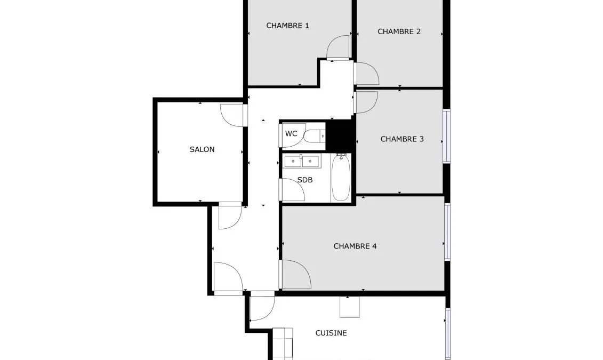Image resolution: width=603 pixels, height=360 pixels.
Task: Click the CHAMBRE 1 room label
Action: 287,26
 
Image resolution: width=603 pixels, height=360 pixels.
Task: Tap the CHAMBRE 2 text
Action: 399,31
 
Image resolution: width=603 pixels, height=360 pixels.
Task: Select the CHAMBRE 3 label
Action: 402,139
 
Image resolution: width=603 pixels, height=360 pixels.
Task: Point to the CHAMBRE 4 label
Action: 355,246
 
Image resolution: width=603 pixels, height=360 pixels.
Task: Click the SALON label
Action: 202,149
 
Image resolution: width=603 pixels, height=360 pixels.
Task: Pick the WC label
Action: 291,133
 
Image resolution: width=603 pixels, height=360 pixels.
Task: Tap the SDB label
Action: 305,180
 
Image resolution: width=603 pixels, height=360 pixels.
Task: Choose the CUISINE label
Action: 331,333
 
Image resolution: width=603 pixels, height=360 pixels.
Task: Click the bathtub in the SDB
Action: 341,177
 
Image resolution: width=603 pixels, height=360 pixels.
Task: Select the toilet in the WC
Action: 314,136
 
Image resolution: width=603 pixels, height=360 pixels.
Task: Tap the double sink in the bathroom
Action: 302,161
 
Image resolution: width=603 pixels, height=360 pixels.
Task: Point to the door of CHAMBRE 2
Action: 367,74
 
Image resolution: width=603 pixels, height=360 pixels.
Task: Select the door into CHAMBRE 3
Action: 366,102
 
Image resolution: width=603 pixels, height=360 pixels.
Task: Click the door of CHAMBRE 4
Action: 295,274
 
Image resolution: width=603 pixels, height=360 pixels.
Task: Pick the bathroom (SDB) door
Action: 293,190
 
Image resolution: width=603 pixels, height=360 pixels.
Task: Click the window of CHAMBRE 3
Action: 446,136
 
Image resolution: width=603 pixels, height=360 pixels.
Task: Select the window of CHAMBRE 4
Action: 447,232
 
